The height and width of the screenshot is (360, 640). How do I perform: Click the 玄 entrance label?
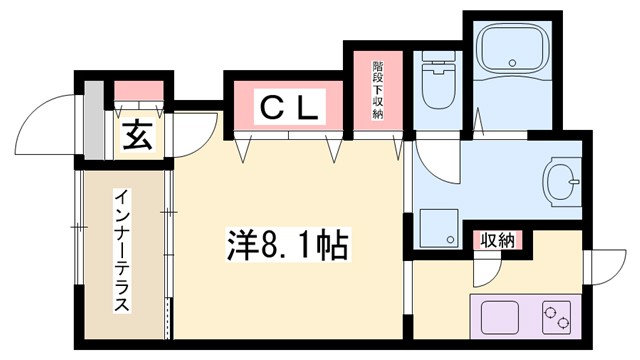pos(137,137)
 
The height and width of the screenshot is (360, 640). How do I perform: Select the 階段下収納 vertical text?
pos(378,87)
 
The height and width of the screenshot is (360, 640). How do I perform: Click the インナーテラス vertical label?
pos(119,250)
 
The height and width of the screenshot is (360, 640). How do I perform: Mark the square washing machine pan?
pos(436,225)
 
